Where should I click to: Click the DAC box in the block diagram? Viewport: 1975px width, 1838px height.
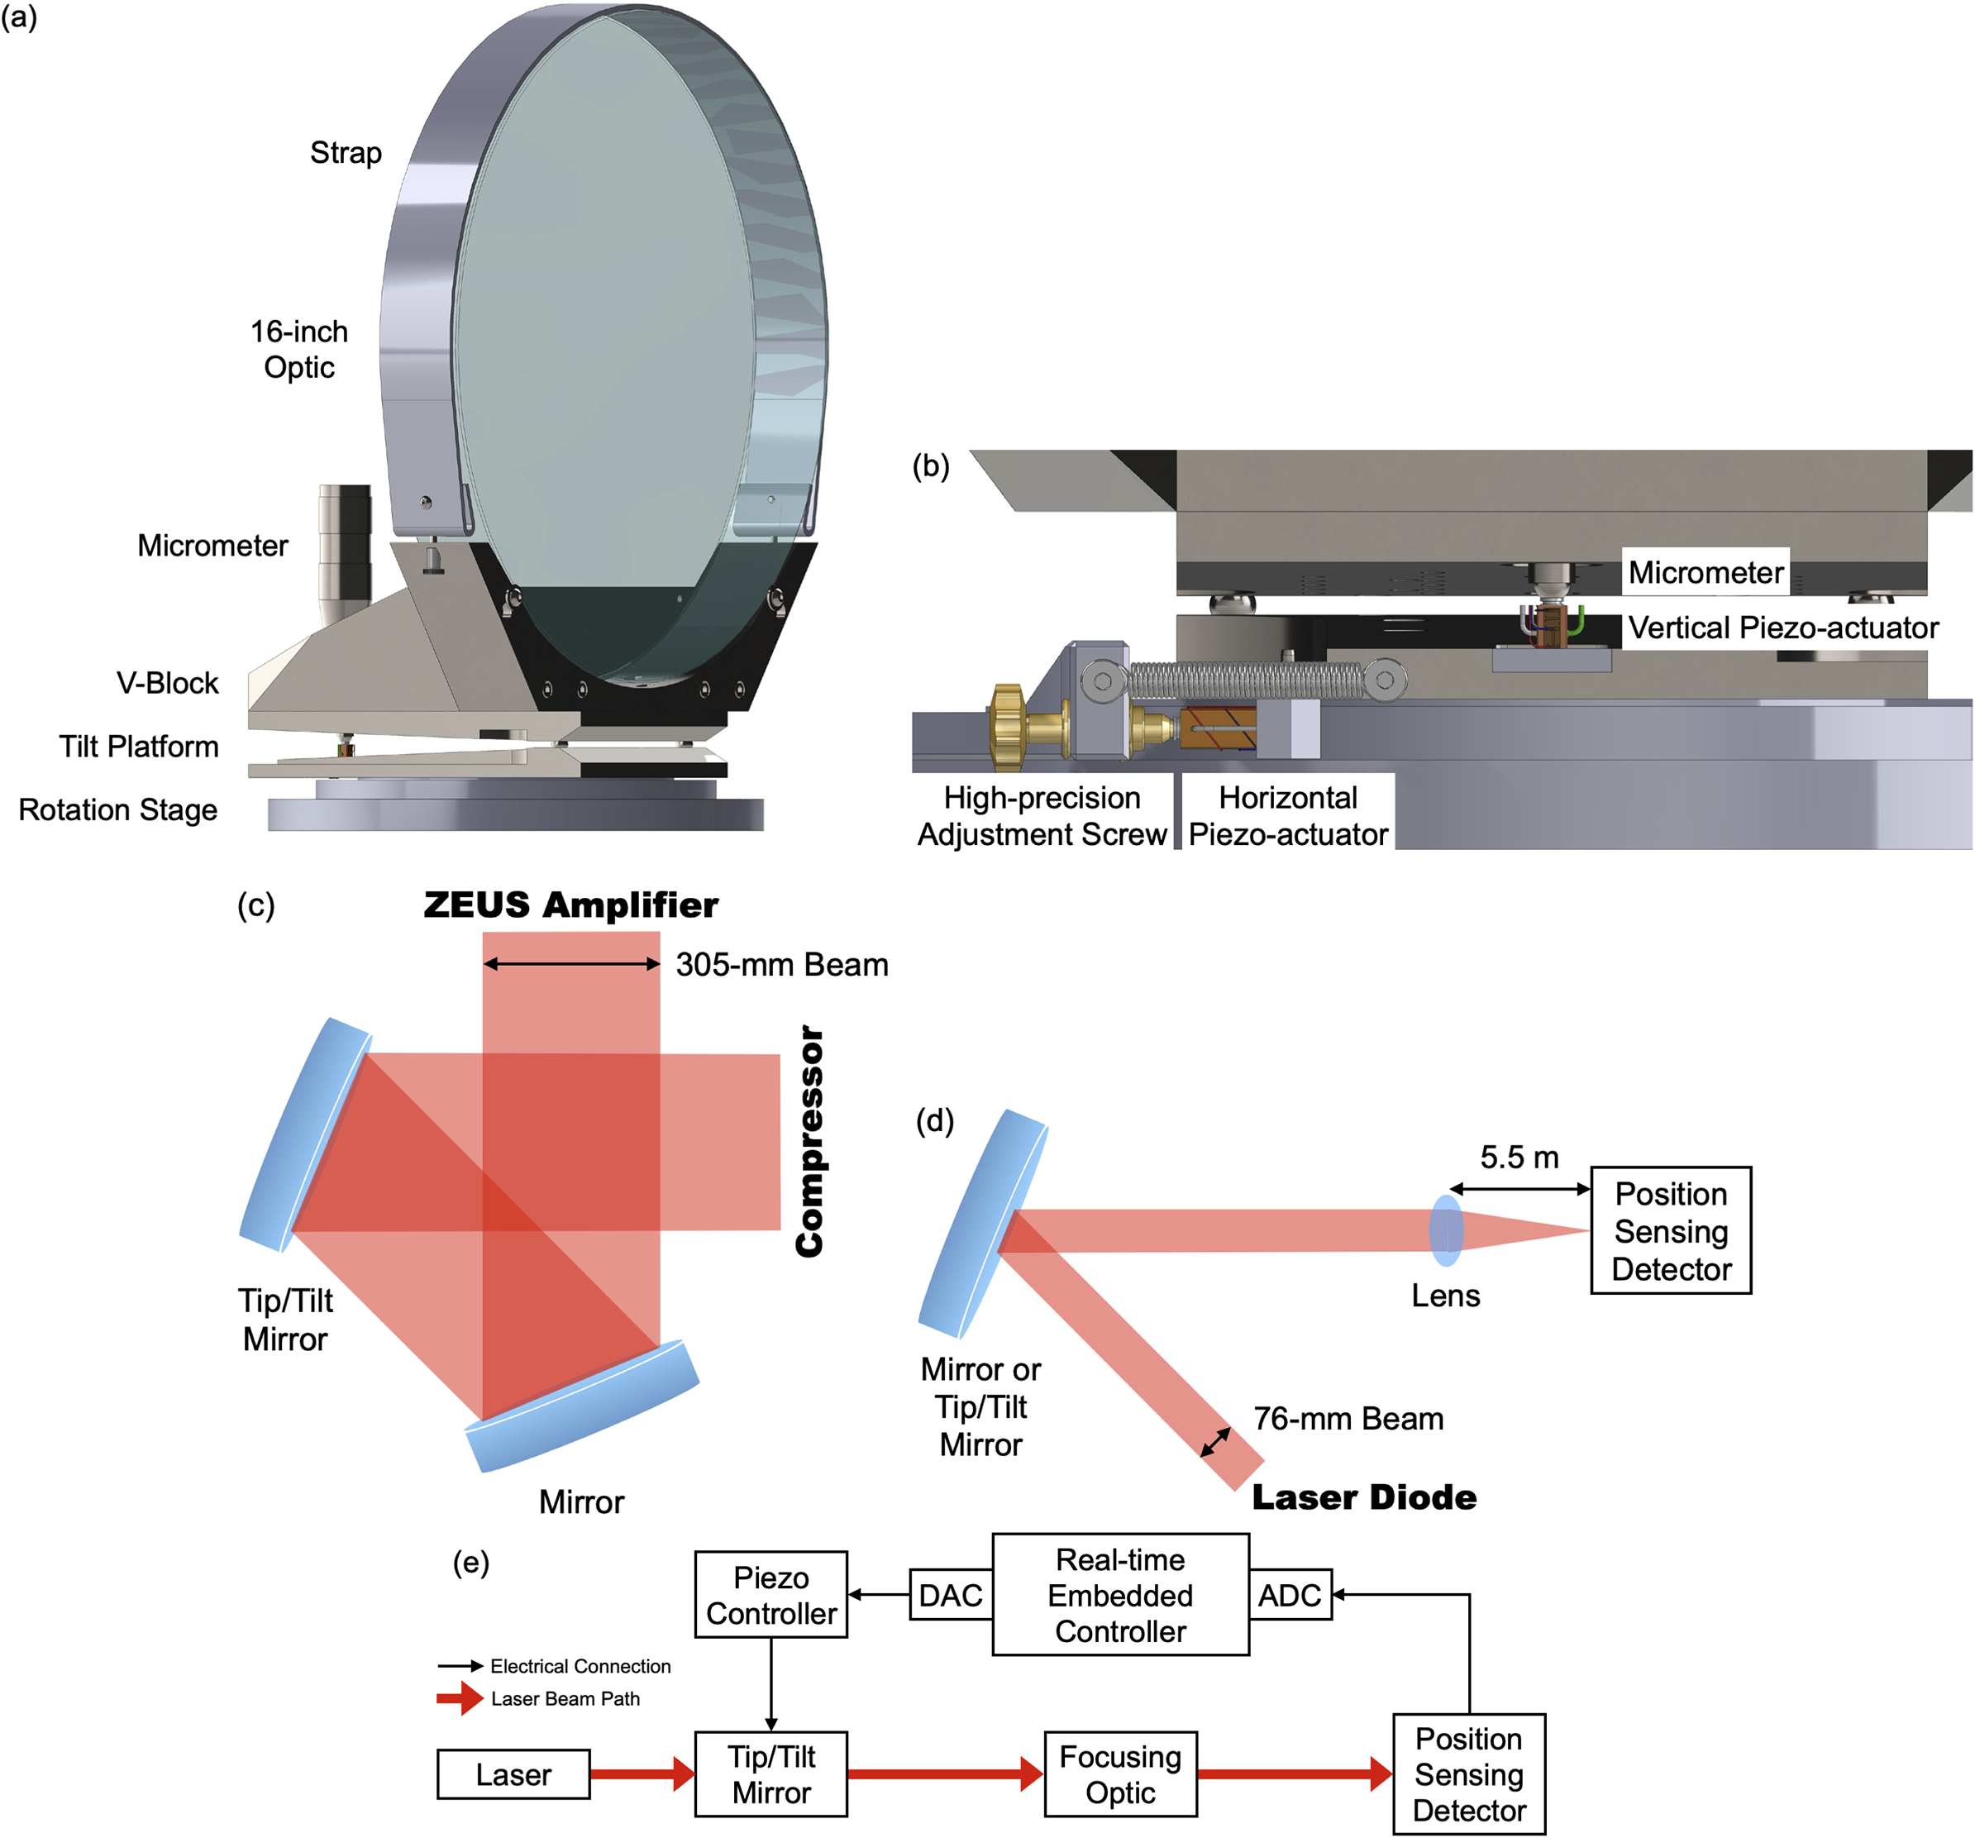click(x=950, y=1596)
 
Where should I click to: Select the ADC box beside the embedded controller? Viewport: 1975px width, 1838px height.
click(x=1290, y=1596)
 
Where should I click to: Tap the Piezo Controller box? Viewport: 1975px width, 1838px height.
click(x=771, y=1596)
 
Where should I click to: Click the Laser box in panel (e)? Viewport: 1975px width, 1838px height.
click(x=513, y=1774)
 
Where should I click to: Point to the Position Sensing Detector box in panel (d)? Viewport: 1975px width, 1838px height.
click(x=1670, y=1231)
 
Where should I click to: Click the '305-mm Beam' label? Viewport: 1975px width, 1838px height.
click(x=782, y=965)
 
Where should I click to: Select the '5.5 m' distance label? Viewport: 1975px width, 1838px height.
click(x=1519, y=1158)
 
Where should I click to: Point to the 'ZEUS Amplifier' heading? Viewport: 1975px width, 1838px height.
click(x=570, y=905)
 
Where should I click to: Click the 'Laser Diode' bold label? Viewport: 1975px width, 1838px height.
click(x=1363, y=1497)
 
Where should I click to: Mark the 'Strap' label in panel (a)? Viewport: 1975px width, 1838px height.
click(x=346, y=153)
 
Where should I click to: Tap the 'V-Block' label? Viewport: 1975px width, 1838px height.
click(x=167, y=684)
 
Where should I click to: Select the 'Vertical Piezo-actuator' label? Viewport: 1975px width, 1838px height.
click(x=1782, y=628)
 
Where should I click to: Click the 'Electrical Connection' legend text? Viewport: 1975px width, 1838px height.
click(x=580, y=1666)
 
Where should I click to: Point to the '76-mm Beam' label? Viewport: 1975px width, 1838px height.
click(x=1348, y=1419)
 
